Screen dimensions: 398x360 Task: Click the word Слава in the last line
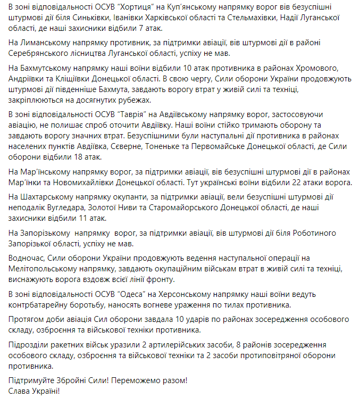(20, 391)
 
